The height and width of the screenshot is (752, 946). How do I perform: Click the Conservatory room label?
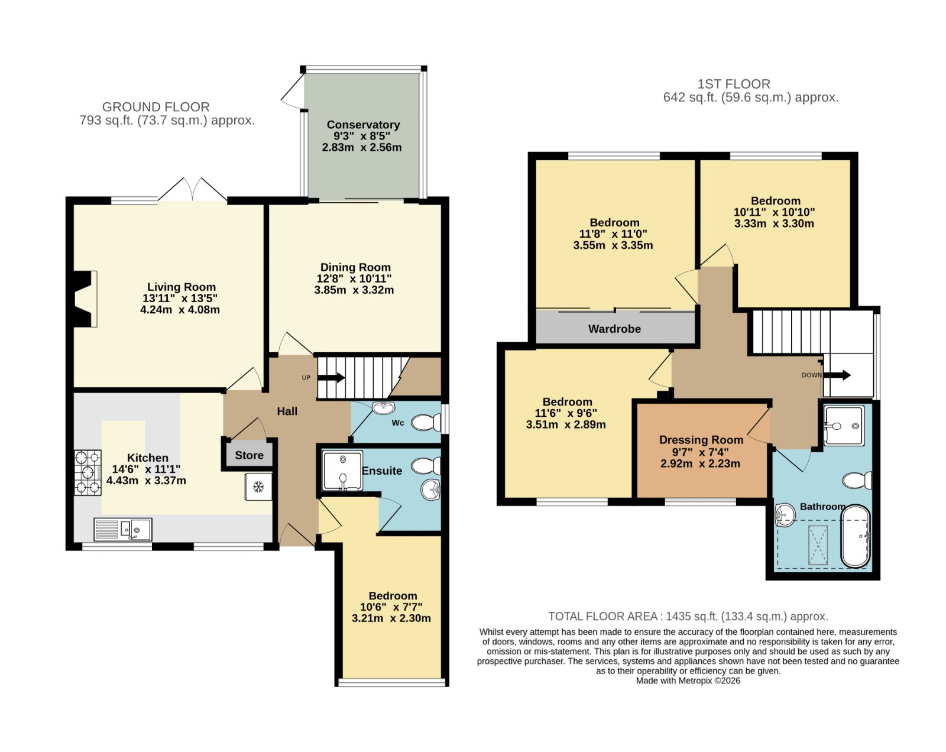point(363,125)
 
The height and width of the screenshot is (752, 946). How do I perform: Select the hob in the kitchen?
point(88,473)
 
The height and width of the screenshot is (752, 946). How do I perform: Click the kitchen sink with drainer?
point(123,529)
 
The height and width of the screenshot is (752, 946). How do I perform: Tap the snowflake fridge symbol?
point(258,487)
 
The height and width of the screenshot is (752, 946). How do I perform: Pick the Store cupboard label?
point(249,455)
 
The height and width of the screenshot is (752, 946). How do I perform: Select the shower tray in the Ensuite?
point(343,471)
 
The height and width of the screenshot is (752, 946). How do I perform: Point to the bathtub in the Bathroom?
point(856,536)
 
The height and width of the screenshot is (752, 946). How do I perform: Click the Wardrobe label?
point(614,329)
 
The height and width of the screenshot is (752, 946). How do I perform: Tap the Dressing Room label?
point(701,440)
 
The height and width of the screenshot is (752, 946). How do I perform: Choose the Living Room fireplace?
point(85,299)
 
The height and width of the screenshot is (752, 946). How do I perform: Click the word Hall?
point(287,411)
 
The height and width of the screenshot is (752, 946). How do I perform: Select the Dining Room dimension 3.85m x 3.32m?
point(354,290)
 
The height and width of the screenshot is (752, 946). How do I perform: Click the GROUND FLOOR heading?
point(155,107)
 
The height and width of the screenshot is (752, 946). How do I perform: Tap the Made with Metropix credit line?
point(688,681)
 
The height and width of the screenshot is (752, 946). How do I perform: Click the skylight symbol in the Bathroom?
point(818,545)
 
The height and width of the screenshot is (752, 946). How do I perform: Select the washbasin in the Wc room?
point(383,407)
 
